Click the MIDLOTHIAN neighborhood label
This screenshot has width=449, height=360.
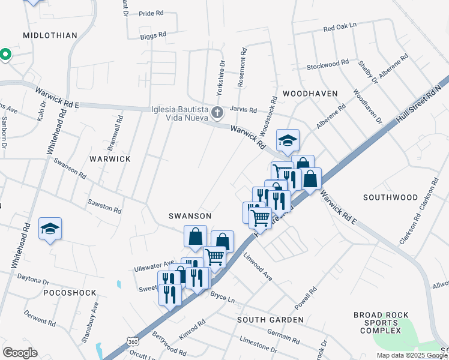[x=50, y=35]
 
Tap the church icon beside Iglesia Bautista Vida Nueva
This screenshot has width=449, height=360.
[x=218, y=112]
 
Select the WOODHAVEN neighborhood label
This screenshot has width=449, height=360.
[x=310, y=94]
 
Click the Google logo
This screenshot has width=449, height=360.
[x=20, y=353]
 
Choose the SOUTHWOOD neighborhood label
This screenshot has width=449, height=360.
[x=390, y=197]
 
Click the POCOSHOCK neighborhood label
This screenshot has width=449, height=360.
[x=70, y=292]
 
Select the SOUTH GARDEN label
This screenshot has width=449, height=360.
[x=270, y=320]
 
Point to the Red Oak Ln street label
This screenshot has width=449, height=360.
[x=340, y=28]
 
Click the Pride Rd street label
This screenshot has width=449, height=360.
[x=151, y=13]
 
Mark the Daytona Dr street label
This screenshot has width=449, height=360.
[x=33, y=280]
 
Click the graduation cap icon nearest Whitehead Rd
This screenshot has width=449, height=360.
[x=50, y=229]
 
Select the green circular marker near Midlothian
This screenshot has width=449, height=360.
[x=5, y=55]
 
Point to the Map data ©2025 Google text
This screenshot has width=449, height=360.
[x=411, y=355]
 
